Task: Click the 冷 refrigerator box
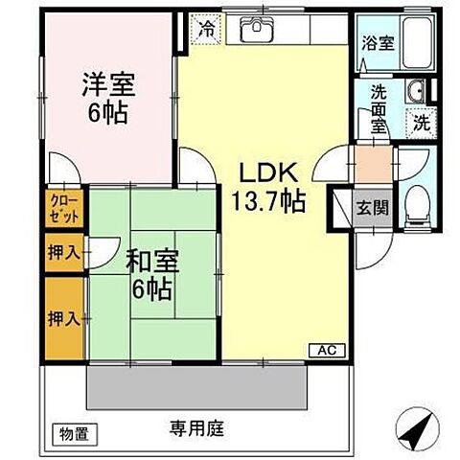[205, 29]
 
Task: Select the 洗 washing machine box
[421, 122]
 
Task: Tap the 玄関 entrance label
[372, 209]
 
